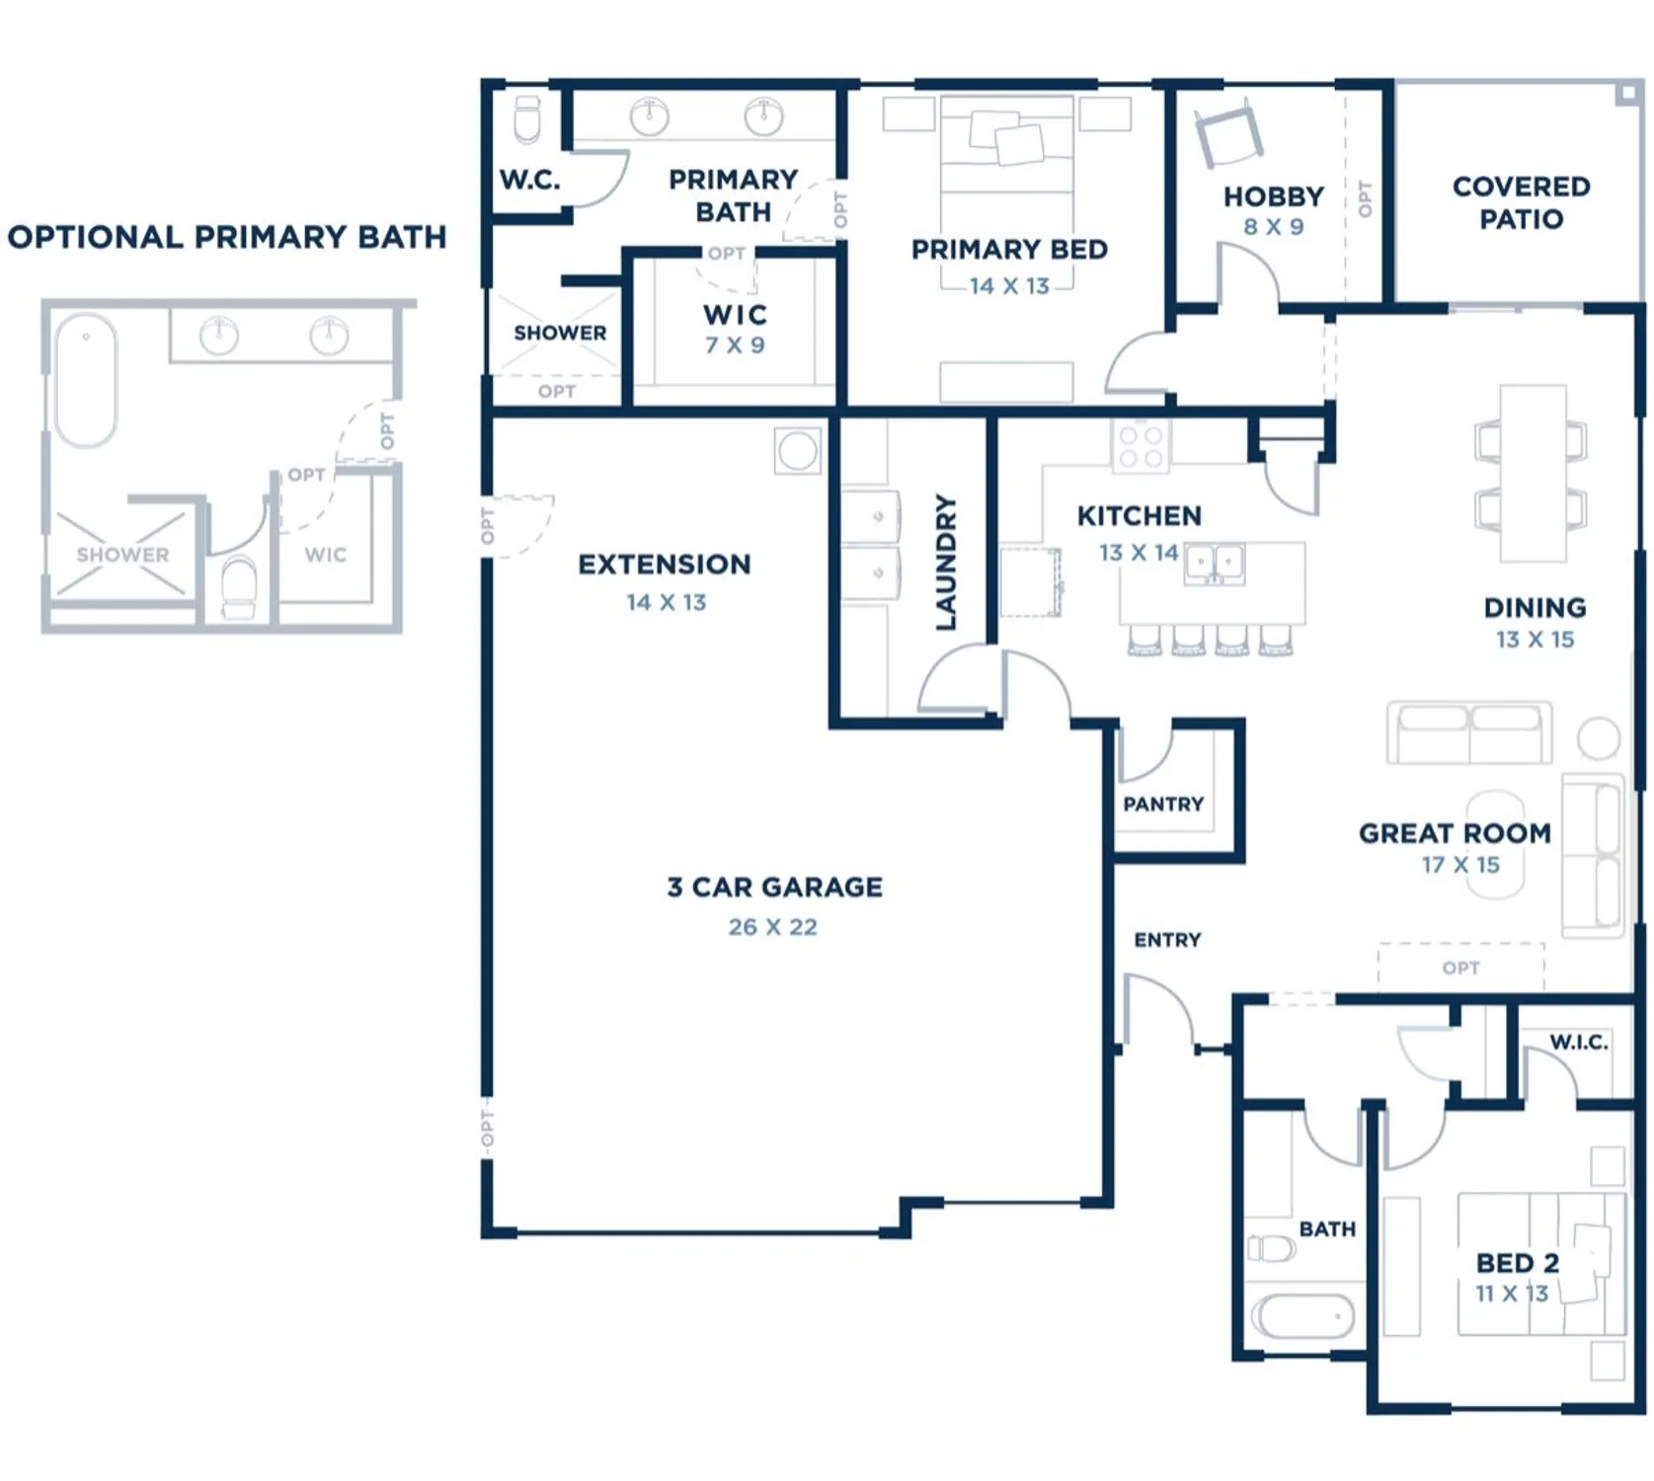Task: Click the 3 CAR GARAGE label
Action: click(774, 887)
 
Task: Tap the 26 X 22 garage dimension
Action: click(772, 927)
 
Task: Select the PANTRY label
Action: click(1163, 805)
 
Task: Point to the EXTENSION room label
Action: click(665, 565)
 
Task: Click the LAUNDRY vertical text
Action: click(946, 563)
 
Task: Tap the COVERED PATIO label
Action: click(1521, 202)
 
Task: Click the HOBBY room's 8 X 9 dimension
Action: click(1273, 227)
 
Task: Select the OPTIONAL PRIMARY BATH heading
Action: click(227, 237)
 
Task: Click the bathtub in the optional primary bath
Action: click(86, 380)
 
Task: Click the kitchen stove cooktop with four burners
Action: click(1141, 445)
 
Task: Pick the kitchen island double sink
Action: click(1214, 563)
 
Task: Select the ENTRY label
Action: click(1167, 940)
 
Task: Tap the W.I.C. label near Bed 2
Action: click(1578, 1042)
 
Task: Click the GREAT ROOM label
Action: click(1455, 833)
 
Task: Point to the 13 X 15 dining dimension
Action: click(1535, 640)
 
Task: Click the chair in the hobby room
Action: click(1228, 135)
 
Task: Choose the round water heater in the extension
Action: click(797, 451)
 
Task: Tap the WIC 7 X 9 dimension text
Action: click(735, 346)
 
